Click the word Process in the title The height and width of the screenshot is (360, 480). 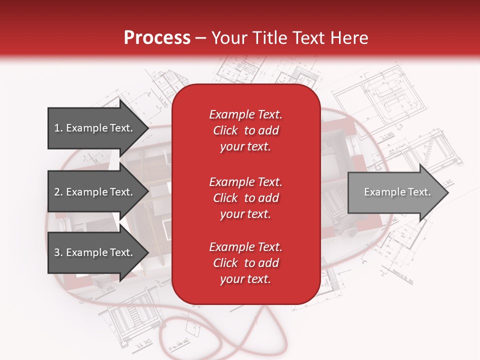(x=157, y=38)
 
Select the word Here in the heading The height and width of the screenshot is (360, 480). (x=348, y=38)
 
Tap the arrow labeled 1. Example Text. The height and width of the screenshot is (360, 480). (x=95, y=128)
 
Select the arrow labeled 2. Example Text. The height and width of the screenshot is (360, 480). (x=95, y=192)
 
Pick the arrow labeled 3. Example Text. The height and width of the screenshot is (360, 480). (x=95, y=252)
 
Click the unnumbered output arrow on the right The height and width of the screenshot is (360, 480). (x=395, y=192)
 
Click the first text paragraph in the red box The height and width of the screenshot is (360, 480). (x=245, y=130)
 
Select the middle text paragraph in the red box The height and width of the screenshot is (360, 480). (x=245, y=197)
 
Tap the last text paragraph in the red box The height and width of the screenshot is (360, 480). (x=245, y=263)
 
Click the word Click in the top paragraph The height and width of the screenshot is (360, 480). (x=225, y=130)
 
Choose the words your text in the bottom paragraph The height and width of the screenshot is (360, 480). (x=245, y=279)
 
